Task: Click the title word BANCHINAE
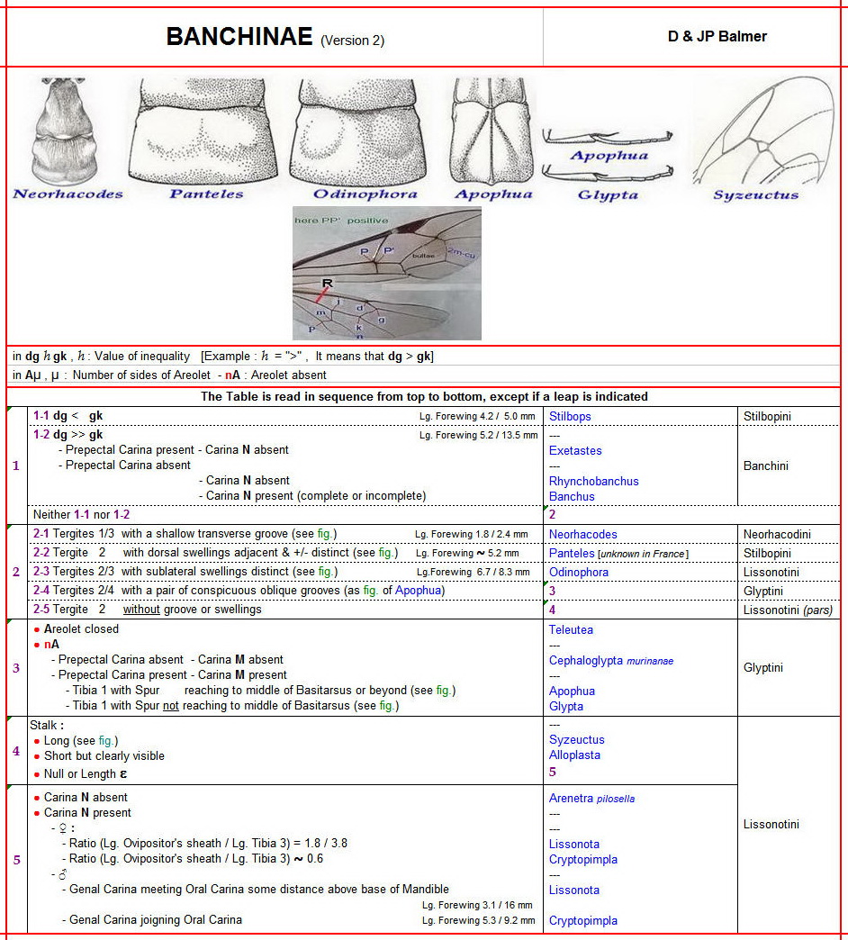coord(239,37)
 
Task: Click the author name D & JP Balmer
coord(717,37)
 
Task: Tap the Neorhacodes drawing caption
coord(68,194)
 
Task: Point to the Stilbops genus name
coord(570,417)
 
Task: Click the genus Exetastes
coord(575,450)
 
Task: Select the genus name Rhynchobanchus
coord(593,481)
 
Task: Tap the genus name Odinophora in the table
coord(579,572)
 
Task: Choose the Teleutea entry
coord(571,629)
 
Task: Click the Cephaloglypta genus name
coord(585,660)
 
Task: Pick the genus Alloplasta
coord(574,755)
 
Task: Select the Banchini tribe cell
coord(768,465)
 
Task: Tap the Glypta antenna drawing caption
coord(608,194)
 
